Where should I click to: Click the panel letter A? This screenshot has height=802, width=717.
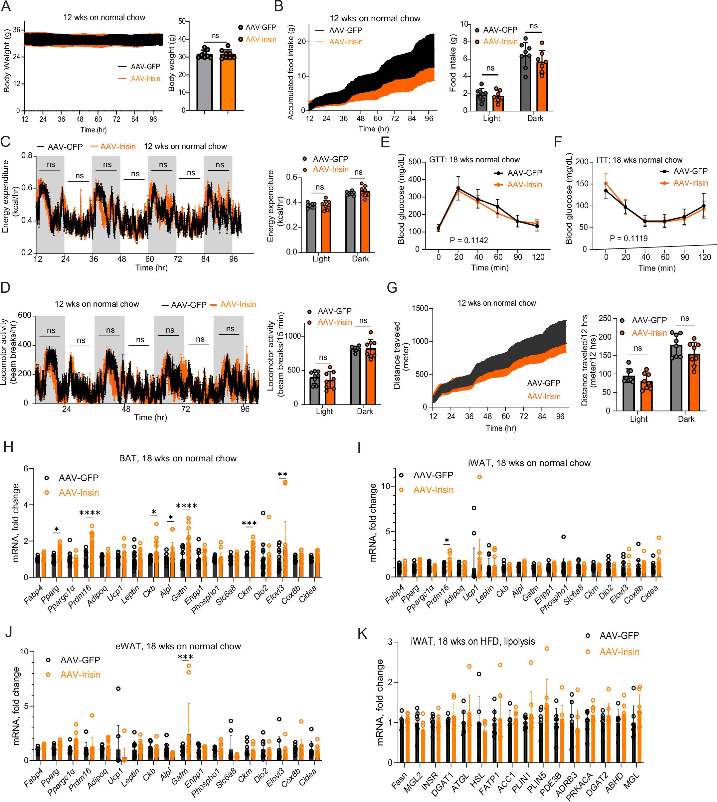click(6, 7)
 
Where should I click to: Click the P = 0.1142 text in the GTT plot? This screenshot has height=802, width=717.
click(469, 240)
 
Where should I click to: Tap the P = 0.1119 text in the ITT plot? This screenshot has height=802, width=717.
click(628, 238)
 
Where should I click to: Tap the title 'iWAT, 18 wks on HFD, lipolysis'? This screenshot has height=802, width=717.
click(472, 642)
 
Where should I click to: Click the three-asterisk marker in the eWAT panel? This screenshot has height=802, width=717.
click(185, 657)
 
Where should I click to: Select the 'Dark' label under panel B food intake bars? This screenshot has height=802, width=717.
click(535, 118)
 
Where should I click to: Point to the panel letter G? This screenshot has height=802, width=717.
click(392, 288)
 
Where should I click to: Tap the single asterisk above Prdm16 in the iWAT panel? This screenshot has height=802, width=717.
click(447, 541)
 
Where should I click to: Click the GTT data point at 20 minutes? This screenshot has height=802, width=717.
click(458, 189)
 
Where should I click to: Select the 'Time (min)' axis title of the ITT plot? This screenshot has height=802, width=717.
click(657, 268)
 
